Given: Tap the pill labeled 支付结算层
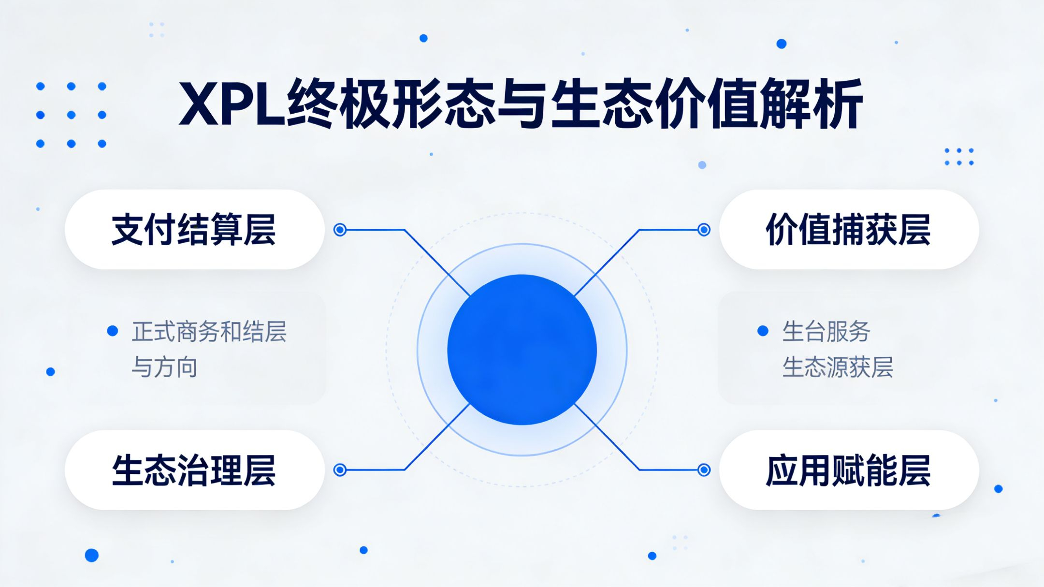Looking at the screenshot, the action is coord(194,230).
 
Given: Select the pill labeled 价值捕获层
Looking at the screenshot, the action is coord(849,230).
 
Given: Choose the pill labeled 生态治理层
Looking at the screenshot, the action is coord(194,470).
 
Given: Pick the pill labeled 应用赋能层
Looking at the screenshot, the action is coord(849,470).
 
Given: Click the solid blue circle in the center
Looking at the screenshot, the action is coord(522,350).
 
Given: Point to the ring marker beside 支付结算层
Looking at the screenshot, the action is coord(340,230).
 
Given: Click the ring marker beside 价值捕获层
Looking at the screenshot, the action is coord(704,230).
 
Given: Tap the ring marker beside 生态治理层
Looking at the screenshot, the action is coord(340,470).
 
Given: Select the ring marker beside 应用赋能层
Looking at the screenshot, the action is coord(704,470).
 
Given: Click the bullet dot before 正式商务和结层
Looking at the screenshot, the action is coord(113,331).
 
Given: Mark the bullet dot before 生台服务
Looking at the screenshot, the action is coord(763,331).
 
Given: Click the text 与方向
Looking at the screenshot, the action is coord(164,367).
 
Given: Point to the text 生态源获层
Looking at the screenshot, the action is coord(838,367).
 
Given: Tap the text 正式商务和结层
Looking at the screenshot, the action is coord(209,332).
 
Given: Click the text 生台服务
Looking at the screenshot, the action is coord(826,332).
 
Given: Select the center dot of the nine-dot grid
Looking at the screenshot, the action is coord(71,115).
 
